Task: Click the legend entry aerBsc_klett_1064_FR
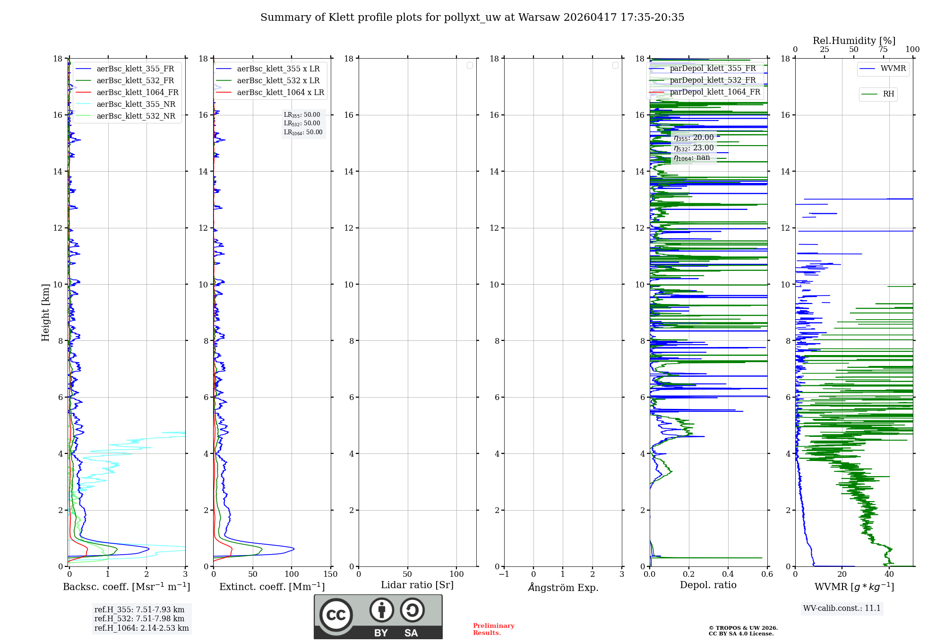point(137,93)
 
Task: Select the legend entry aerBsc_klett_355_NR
point(136,104)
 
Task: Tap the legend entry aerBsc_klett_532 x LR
point(278,81)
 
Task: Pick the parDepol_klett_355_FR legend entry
point(713,69)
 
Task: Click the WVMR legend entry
point(893,69)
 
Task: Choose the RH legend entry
point(888,94)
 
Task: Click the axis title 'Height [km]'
point(45,313)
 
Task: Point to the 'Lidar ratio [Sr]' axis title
point(417,585)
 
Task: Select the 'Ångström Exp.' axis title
point(563,588)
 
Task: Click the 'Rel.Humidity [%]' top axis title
point(854,41)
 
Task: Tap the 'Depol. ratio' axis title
point(708,585)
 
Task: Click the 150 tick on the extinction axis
point(331,574)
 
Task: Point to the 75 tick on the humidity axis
point(883,50)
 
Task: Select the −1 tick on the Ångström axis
point(504,574)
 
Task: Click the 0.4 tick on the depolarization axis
point(728,574)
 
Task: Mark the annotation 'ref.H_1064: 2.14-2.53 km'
point(141,628)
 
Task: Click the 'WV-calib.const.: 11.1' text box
point(842,608)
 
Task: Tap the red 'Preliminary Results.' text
point(493,629)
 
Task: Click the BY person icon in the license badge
point(381,610)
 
